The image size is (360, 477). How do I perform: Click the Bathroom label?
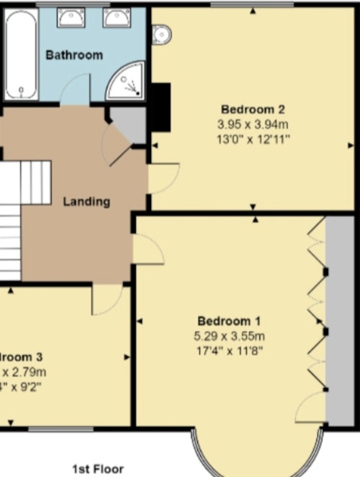(x=74, y=55)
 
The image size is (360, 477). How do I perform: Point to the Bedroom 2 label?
(x=253, y=110)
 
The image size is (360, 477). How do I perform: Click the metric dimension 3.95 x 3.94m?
(x=253, y=125)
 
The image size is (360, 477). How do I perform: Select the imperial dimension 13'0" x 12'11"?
(x=253, y=139)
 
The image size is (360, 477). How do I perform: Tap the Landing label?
(x=86, y=201)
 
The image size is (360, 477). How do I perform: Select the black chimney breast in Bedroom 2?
(x=161, y=107)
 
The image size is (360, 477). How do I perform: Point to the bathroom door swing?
(x=75, y=91)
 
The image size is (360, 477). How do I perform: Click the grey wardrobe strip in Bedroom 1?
(x=340, y=318)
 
